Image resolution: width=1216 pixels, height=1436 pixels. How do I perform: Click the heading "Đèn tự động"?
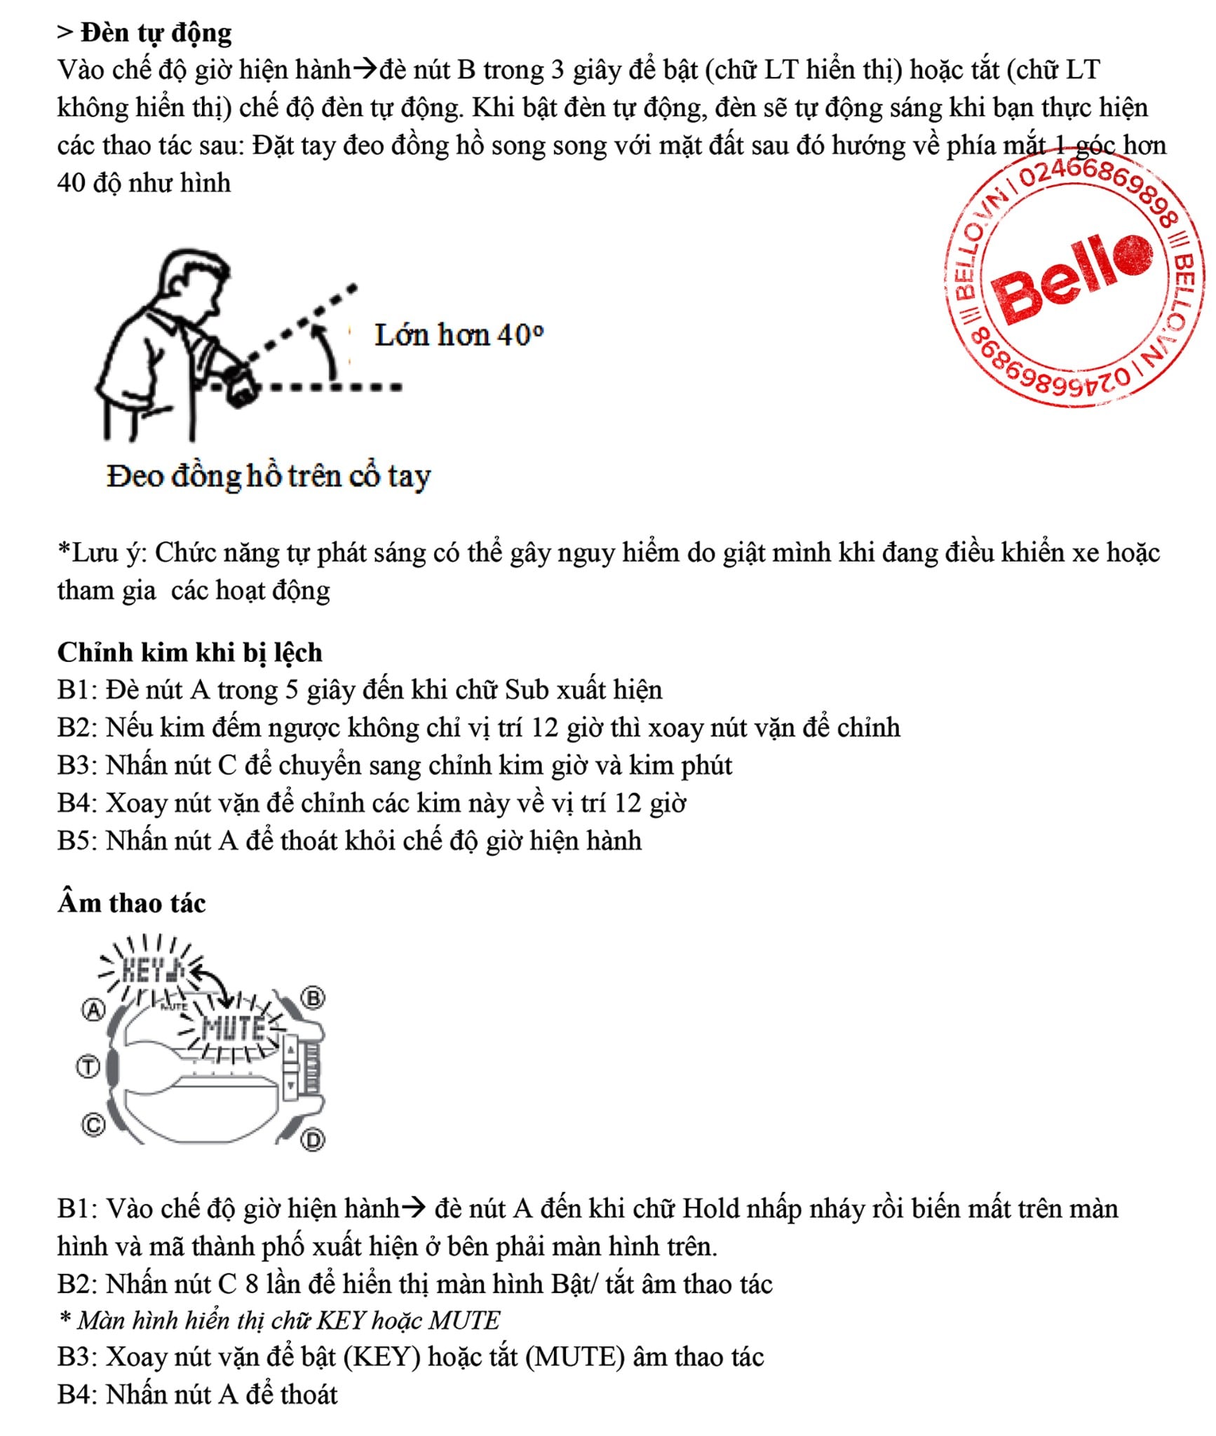(x=155, y=33)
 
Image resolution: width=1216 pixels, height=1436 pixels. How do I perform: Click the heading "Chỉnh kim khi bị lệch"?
(x=189, y=652)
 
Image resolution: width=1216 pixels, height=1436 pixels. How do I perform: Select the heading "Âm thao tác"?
(x=131, y=902)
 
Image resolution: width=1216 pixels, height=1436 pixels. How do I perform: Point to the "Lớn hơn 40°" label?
(x=459, y=335)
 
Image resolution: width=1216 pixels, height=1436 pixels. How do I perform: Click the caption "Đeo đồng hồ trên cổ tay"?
(x=268, y=476)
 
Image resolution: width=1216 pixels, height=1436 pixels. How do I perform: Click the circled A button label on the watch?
(x=93, y=1010)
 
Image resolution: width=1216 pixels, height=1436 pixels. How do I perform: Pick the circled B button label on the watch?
(x=313, y=998)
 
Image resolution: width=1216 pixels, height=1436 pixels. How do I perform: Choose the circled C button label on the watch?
(x=93, y=1125)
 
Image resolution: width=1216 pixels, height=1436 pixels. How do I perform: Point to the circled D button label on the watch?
(x=313, y=1141)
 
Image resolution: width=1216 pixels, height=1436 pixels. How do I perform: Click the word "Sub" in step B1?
(x=527, y=690)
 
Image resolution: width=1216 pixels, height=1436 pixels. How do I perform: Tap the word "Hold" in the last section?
(x=710, y=1208)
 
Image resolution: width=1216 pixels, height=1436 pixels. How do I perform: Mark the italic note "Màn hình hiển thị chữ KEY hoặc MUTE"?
(x=288, y=1320)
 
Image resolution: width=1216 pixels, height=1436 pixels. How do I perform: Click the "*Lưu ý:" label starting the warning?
(x=102, y=553)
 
